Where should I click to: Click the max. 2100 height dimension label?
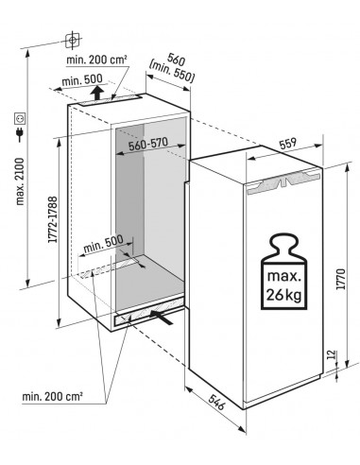coord(20,181)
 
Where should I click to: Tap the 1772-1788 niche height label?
coord(53,219)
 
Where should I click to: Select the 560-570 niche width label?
coord(148,144)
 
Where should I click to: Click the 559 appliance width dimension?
coord(288,144)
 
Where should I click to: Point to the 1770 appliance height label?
coord(340,279)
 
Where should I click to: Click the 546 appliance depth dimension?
coord(216,402)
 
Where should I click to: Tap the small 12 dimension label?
coord(332,355)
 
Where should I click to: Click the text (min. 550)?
coord(172,73)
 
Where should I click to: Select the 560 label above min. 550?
coord(176,59)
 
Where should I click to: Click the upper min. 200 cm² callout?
coord(96,60)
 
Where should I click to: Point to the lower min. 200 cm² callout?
coord(52,396)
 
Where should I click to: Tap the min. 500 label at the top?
coord(82,80)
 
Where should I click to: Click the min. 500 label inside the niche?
coord(103,243)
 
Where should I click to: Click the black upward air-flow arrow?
coord(98,93)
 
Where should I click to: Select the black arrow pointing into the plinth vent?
coord(162,317)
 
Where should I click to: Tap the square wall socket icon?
coord(20,118)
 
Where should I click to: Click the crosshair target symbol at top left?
coord(73,40)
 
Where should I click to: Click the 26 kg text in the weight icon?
coord(284,295)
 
